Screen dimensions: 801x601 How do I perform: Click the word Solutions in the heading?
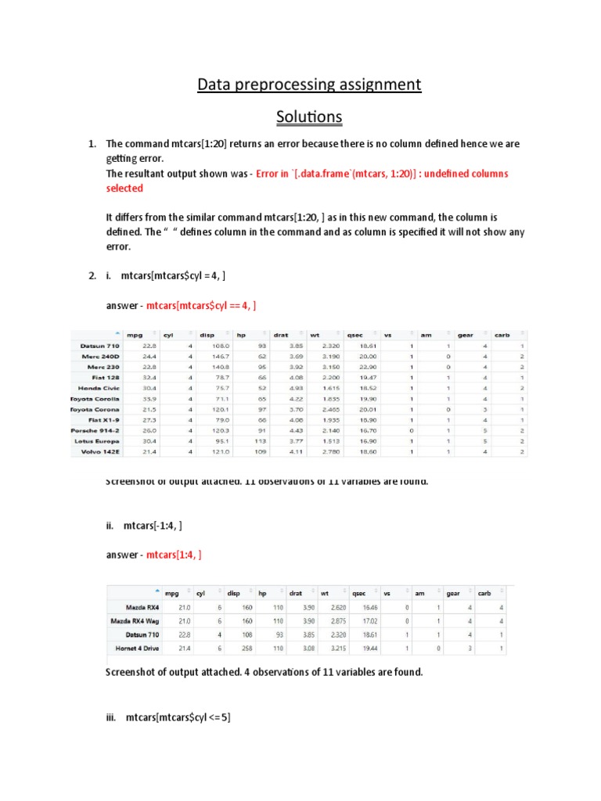point(308,117)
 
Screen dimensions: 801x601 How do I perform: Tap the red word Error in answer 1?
point(270,174)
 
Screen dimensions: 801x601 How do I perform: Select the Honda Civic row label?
point(99,388)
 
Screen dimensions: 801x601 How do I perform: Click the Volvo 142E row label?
point(100,452)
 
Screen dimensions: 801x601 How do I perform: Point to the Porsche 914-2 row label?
point(95,430)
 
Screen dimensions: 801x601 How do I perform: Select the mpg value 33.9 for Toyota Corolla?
point(148,399)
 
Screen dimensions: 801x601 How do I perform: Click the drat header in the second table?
point(296,593)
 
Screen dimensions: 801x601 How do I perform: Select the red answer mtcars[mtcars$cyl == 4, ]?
point(202,306)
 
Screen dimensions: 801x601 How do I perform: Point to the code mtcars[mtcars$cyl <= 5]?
point(178,717)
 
